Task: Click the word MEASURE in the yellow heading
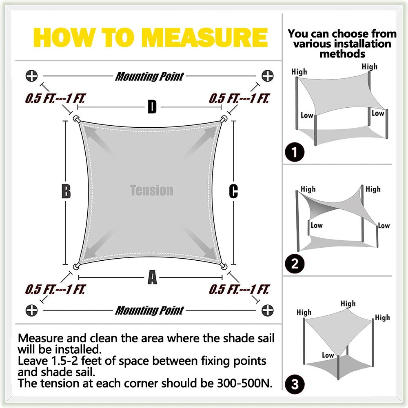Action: coord(206,37)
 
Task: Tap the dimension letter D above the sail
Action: coord(152,106)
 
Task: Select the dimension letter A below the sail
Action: coord(153,277)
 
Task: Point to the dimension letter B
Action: coord(66,191)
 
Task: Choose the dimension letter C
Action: coord(233,191)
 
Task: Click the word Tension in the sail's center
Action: coord(151,190)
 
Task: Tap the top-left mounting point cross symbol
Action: coord(31,76)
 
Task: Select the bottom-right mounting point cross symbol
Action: coord(268,310)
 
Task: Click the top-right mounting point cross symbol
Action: coord(268,76)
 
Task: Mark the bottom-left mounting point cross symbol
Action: coord(31,310)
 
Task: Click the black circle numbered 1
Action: coord(295,152)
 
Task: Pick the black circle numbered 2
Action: coord(295,264)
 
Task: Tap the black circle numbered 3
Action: coord(295,384)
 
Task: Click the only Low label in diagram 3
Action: coord(328,355)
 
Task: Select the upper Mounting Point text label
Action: coord(150,77)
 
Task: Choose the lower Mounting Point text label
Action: coord(150,310)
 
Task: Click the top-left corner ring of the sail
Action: coord(76,119)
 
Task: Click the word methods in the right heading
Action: coord(342,54)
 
